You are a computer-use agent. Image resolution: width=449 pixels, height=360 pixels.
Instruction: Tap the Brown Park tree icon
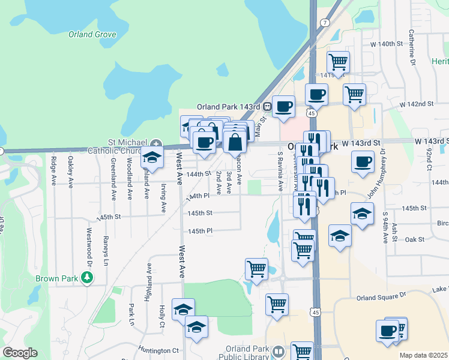tap(88, 277)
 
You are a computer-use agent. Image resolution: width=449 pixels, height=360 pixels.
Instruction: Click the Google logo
tap(20, 353)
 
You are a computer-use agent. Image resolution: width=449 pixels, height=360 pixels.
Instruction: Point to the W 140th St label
tap(385, 44)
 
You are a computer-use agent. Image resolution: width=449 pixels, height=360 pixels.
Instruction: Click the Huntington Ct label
tap(158, 350)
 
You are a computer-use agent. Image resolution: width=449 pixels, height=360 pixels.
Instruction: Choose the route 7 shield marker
tap(324, 23)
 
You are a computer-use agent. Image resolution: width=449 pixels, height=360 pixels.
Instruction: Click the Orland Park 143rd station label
tap(231, 107)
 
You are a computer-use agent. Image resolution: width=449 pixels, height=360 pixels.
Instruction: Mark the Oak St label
tap(415, 239)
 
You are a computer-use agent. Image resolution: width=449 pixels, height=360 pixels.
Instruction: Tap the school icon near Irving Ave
tap(152, 157)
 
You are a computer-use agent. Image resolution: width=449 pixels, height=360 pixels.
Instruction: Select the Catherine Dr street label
tap(412, 47)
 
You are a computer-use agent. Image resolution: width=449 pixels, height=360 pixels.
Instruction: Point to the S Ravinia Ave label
tap(280, 171)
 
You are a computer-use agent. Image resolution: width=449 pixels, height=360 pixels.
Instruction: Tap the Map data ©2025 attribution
tap(423, 355)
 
